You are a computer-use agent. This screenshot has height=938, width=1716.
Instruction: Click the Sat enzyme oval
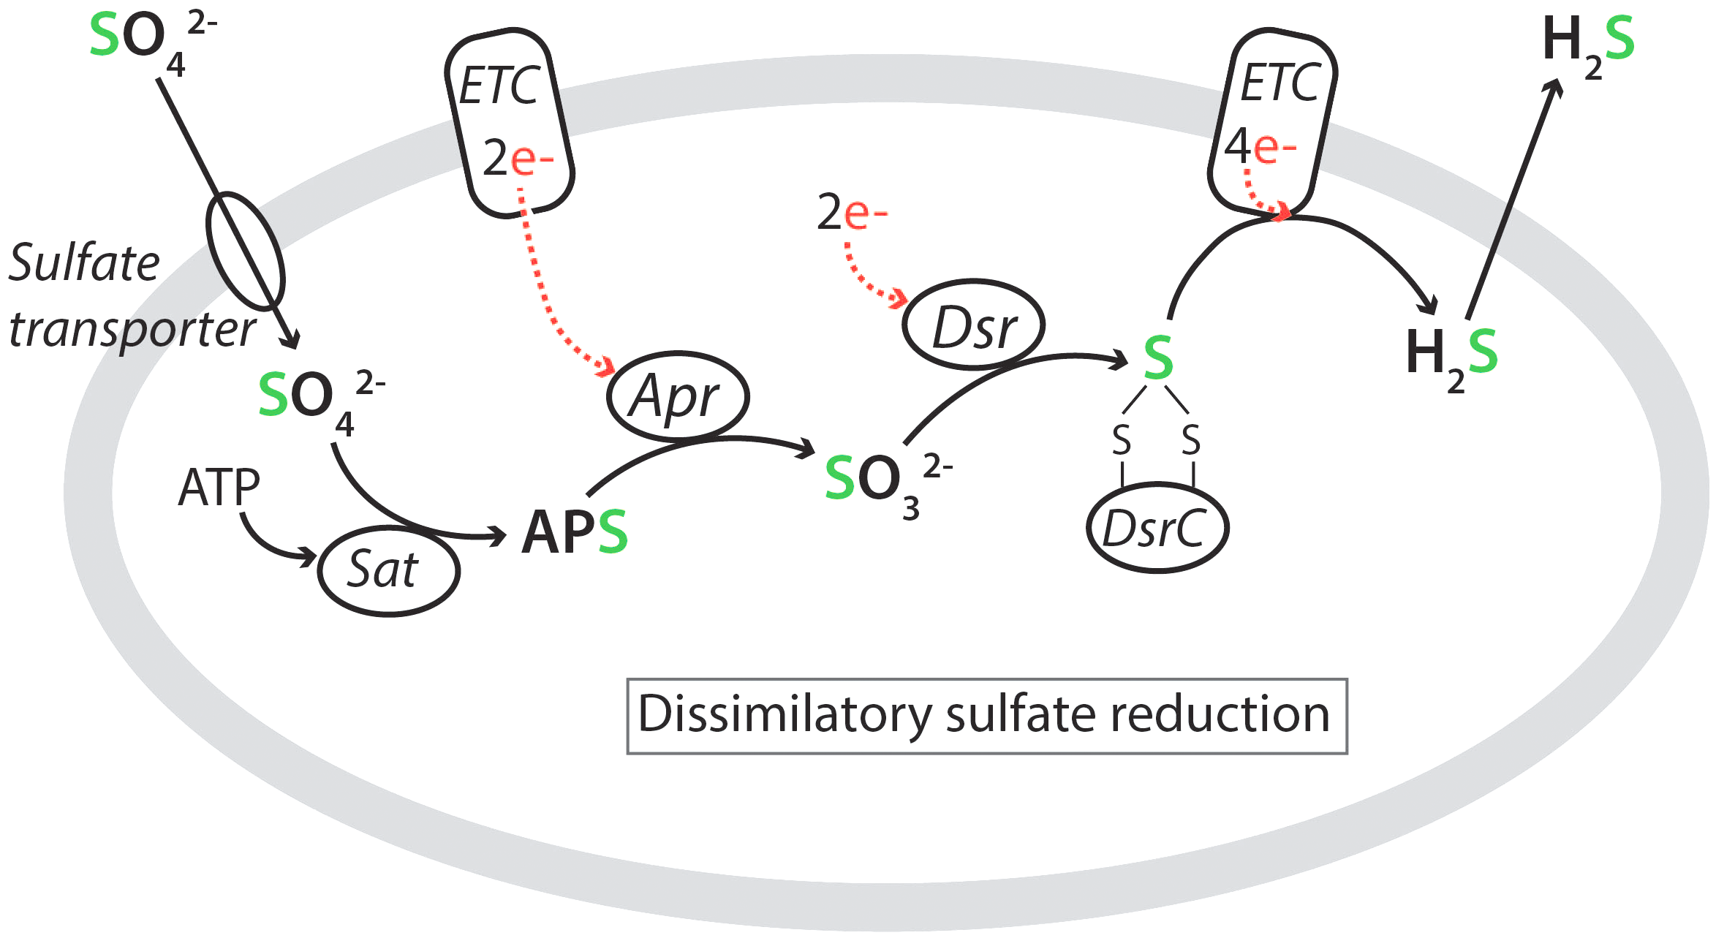click(x=388, y=571)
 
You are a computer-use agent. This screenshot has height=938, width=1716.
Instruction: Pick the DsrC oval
click(x=1157, y=527)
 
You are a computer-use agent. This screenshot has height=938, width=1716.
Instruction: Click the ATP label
click(x=219, y=488)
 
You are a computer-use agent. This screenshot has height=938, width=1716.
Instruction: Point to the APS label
click(x=574, y=532)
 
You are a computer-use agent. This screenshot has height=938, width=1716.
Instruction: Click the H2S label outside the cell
click(x=1587, y=44)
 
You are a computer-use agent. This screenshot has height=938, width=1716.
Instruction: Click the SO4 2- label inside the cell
click(x=319, y=399)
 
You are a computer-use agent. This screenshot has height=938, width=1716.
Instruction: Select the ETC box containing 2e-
click(x=510, y=123)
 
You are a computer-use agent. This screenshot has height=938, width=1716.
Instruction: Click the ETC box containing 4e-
click(x=1272, y=121)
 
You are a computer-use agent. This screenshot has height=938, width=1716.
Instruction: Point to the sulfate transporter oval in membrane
click(x=245, y=251)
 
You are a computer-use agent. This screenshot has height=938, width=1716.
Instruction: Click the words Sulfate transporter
click(x=132, y=296)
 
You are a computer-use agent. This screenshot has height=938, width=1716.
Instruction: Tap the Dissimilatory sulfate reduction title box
click(x=986, y=716)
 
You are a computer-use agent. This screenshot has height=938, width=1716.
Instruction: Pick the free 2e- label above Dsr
click(x=852, y=213)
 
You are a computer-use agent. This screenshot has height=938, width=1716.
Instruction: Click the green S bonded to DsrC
click(x=1158, y=358)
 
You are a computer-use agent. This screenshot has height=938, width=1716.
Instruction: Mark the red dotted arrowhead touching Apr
click(x=606, y=366)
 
